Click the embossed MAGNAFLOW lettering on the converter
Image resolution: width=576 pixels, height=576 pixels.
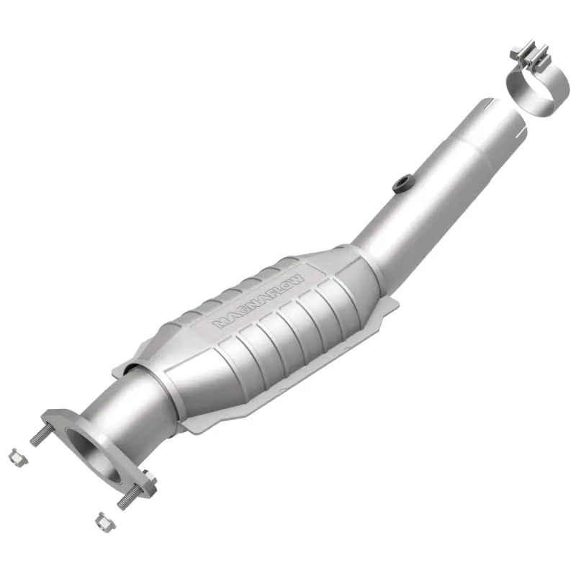click(x=260, y=302)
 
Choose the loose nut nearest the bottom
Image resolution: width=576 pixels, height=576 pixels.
click(x=102, y=518)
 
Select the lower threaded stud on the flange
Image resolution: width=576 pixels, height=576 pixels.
click(x=130, y=499)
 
